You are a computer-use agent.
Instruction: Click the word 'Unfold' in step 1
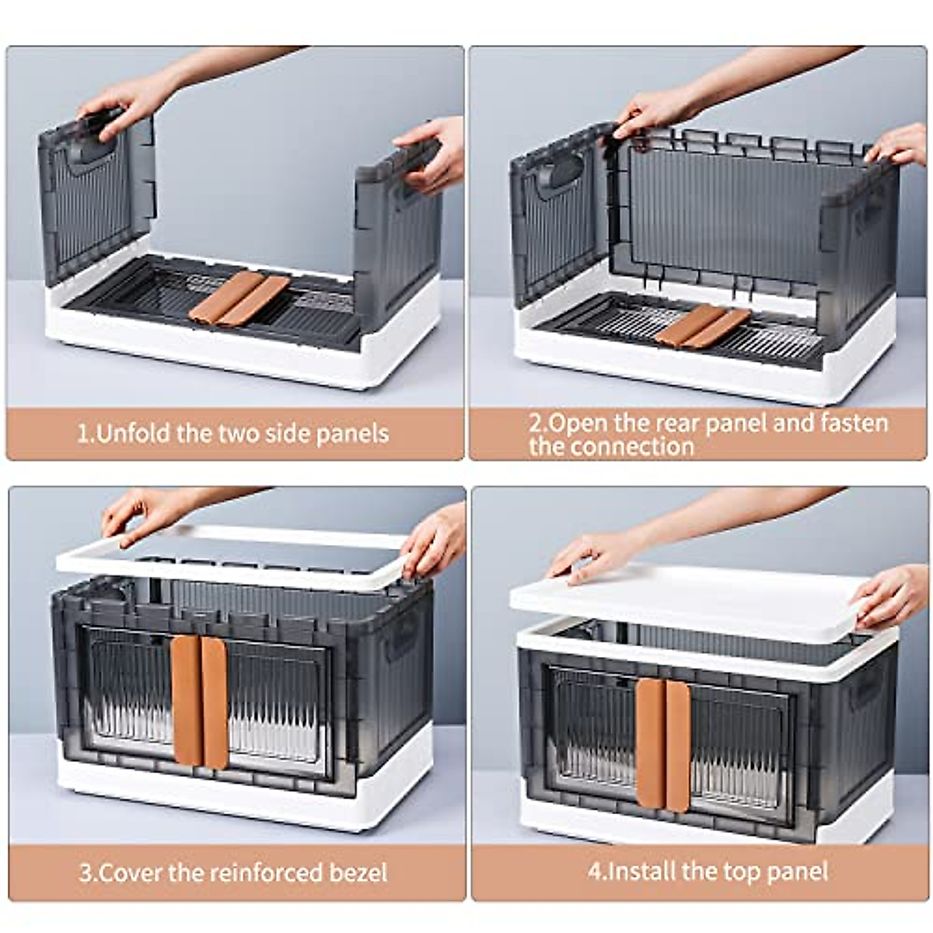(x=133, y=433)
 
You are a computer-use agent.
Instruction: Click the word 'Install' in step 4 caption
(x=641, y=870)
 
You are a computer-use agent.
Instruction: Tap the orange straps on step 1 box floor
(x=239, y=298)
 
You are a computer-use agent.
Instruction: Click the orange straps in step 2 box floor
(x=702, y=325)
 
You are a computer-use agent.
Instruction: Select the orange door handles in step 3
(x=200, y=701)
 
